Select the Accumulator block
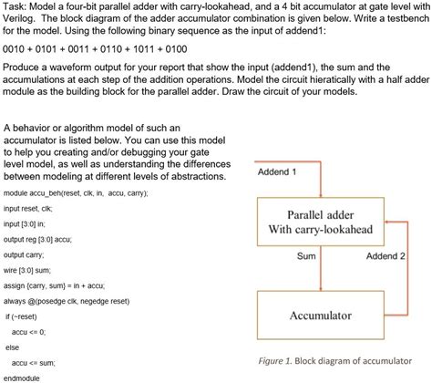pos(320,316)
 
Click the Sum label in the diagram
pos(306,256)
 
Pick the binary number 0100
pos(173,48)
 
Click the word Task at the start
pos(17,6)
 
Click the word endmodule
pos(24,378)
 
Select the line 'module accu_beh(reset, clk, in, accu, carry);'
pos(76,193)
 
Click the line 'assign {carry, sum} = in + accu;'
pos(67,285)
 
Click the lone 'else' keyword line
pos(13,347)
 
